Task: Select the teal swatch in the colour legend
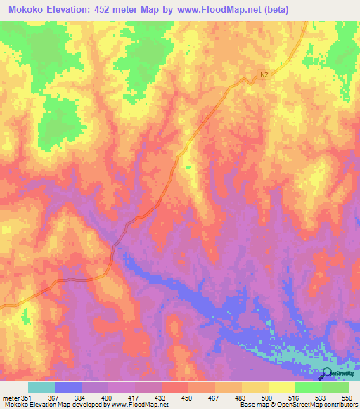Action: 41,387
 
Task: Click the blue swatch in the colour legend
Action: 68,387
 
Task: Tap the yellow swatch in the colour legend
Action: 281,387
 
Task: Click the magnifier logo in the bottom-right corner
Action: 328,375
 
